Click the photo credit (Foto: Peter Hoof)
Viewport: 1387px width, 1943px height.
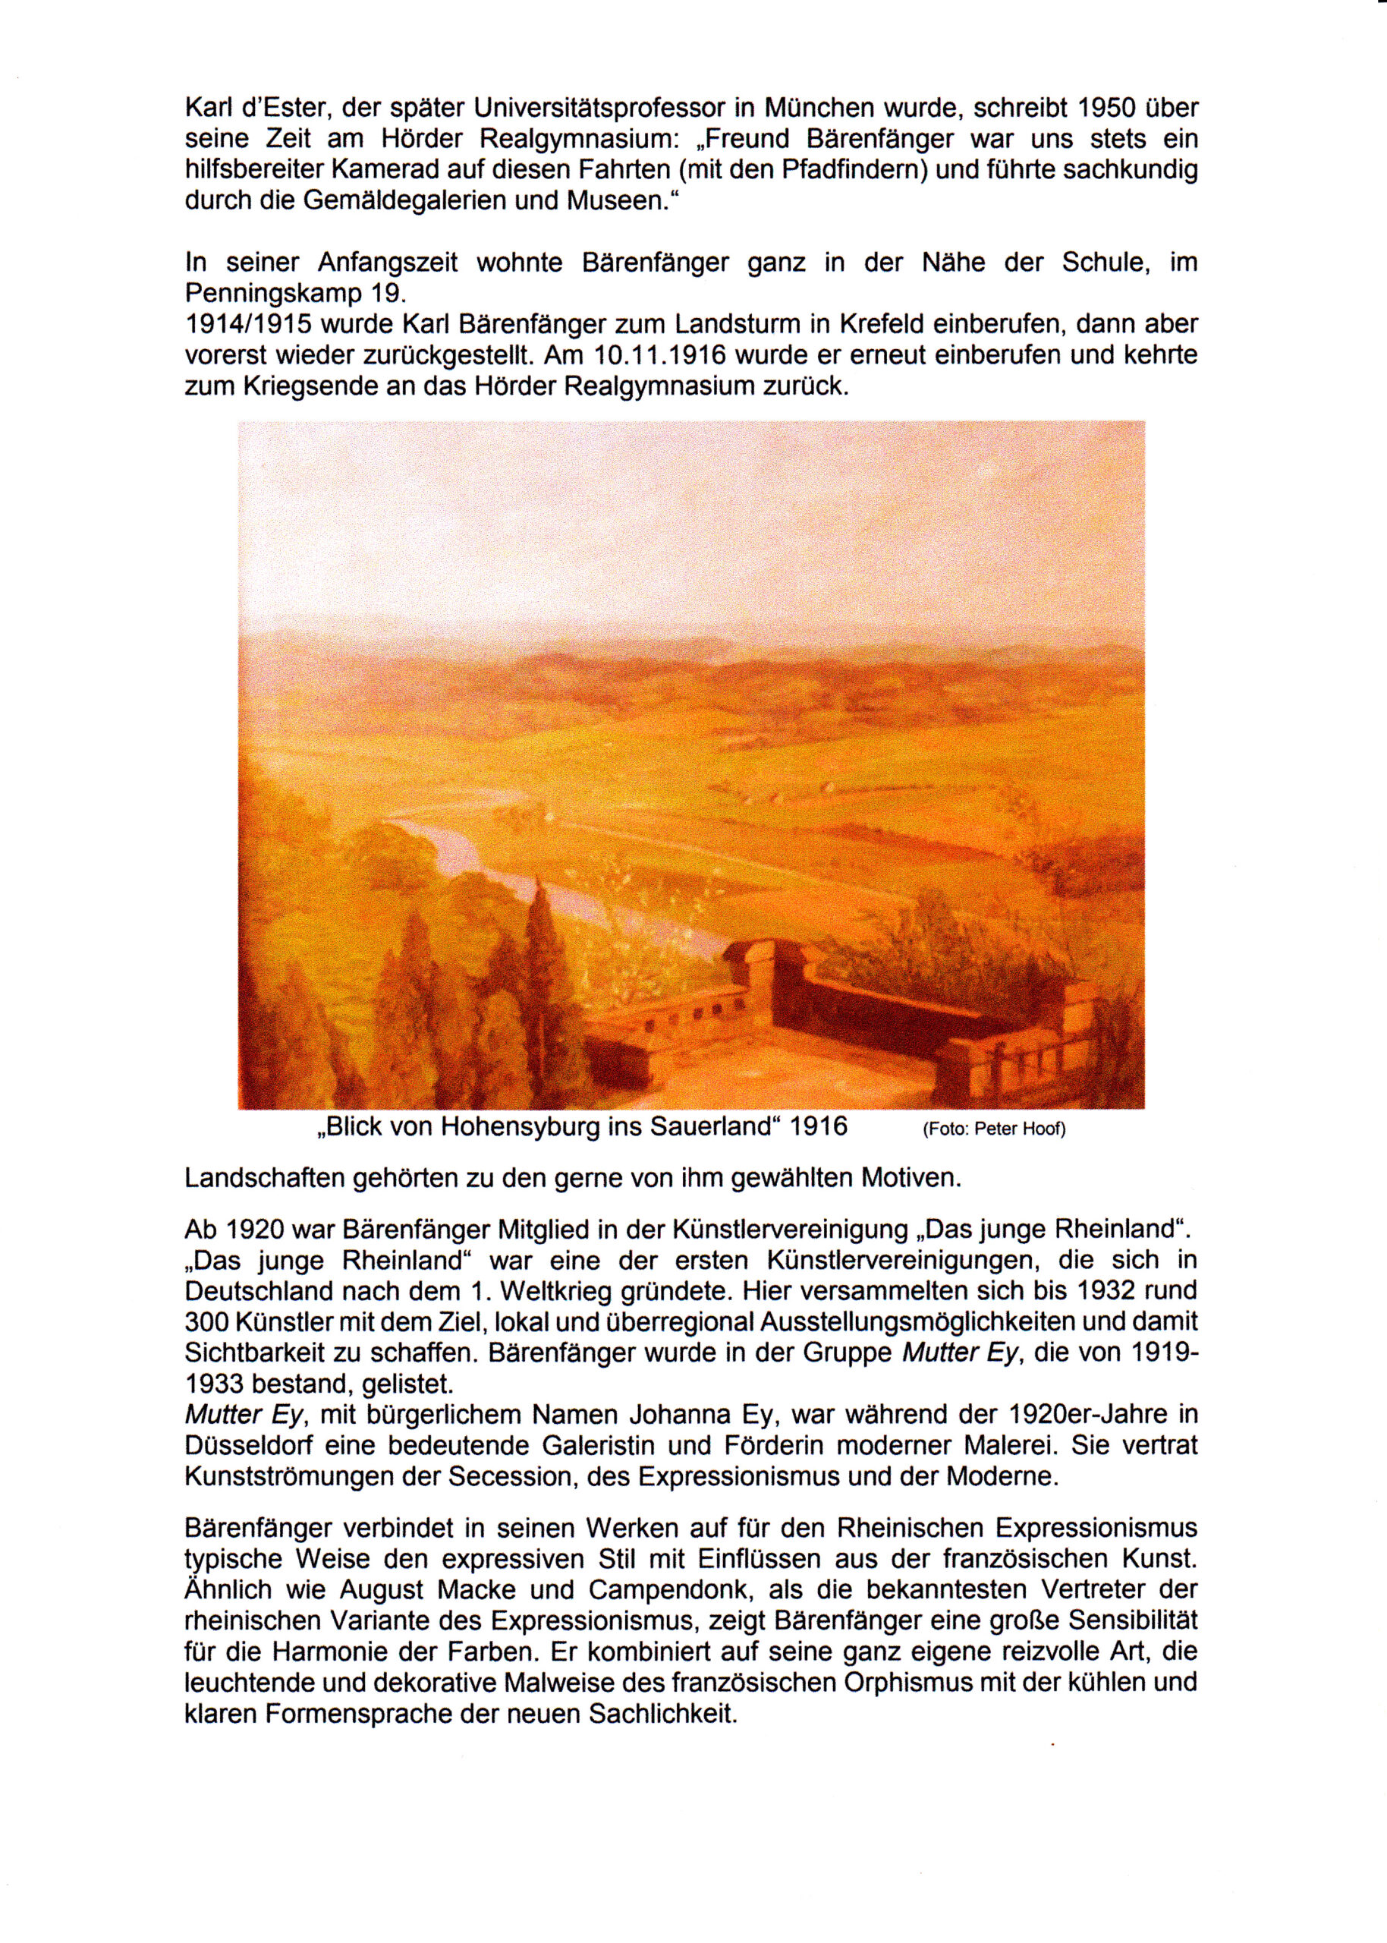tap(994, 1130)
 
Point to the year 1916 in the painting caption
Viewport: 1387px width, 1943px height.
tap(819, 1127)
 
